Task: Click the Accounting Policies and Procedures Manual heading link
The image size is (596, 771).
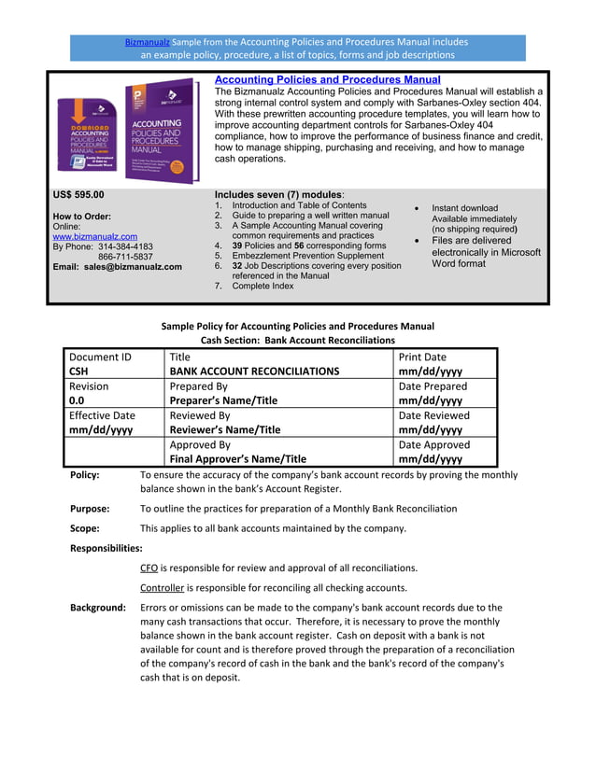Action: coord(327,80)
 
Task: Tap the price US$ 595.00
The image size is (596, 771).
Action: coord(78,195)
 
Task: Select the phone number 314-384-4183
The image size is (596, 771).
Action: coord(134,247)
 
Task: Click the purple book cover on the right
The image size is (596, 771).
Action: coord(161,132)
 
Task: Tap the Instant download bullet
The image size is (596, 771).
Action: coord(464,208)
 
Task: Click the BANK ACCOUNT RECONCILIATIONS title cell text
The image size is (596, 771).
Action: coord(254,371)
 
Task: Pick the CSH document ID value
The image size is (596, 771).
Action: coord(78,371)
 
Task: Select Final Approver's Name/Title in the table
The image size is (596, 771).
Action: coord(237,459)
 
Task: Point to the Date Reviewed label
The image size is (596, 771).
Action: coord(433,415)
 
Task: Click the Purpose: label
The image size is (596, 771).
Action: coord(90,509)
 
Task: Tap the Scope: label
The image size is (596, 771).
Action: coord(86,528)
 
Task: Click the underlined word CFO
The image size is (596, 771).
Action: coord(149,568)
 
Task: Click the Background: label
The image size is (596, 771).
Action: coord(98,608)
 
